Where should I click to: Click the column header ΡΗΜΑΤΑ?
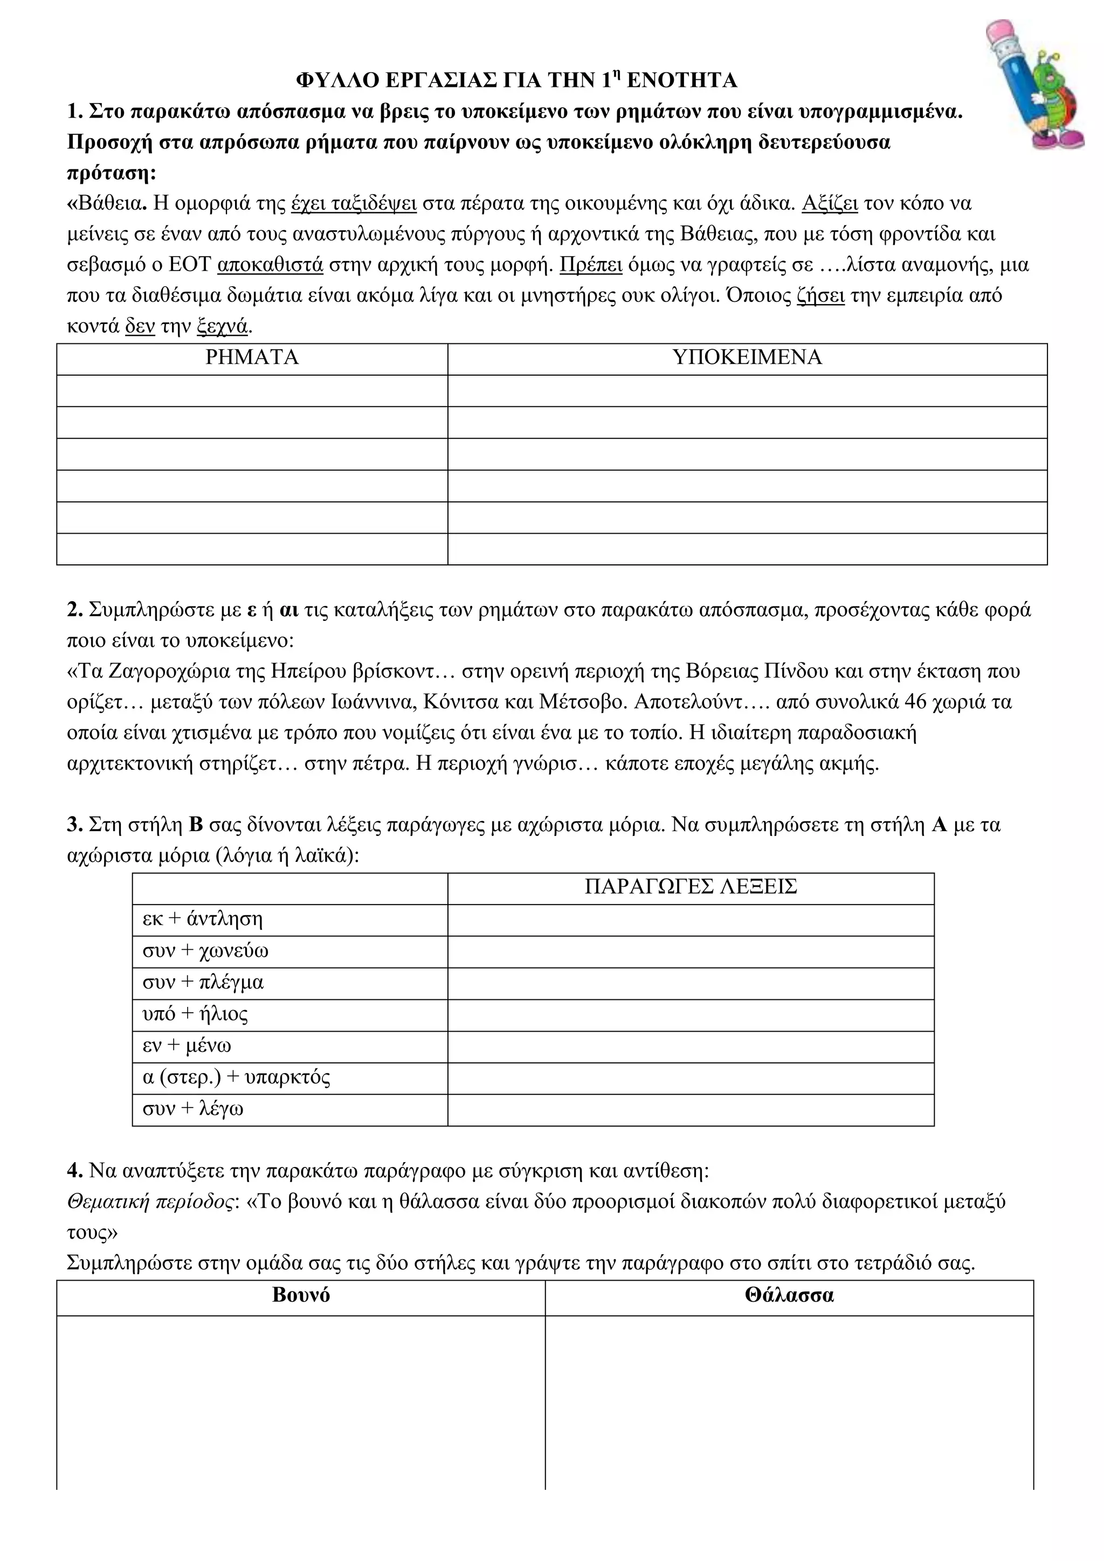click(x=252, y=357)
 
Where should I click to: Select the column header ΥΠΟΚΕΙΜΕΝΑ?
click(x=747, y=357)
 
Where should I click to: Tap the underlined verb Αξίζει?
click(x=830, y=203)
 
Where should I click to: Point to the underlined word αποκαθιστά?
click(x=271, y=265)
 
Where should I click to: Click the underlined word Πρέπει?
click(x=591, y=265)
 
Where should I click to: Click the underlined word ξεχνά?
click(x=222, y=326)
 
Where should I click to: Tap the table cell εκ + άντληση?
click(x=203, y=919)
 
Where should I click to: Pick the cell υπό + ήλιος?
click(x=195, y=1014)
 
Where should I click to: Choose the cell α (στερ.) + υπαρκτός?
click(x=236, y=1077)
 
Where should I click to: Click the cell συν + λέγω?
click(x=192, y=1109)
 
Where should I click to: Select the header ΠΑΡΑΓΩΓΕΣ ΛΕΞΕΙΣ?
click(x=690, y=887)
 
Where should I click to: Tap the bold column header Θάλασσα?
click(x=789, y=1295)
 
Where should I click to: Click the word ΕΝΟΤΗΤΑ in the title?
click(x=681, y=81)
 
